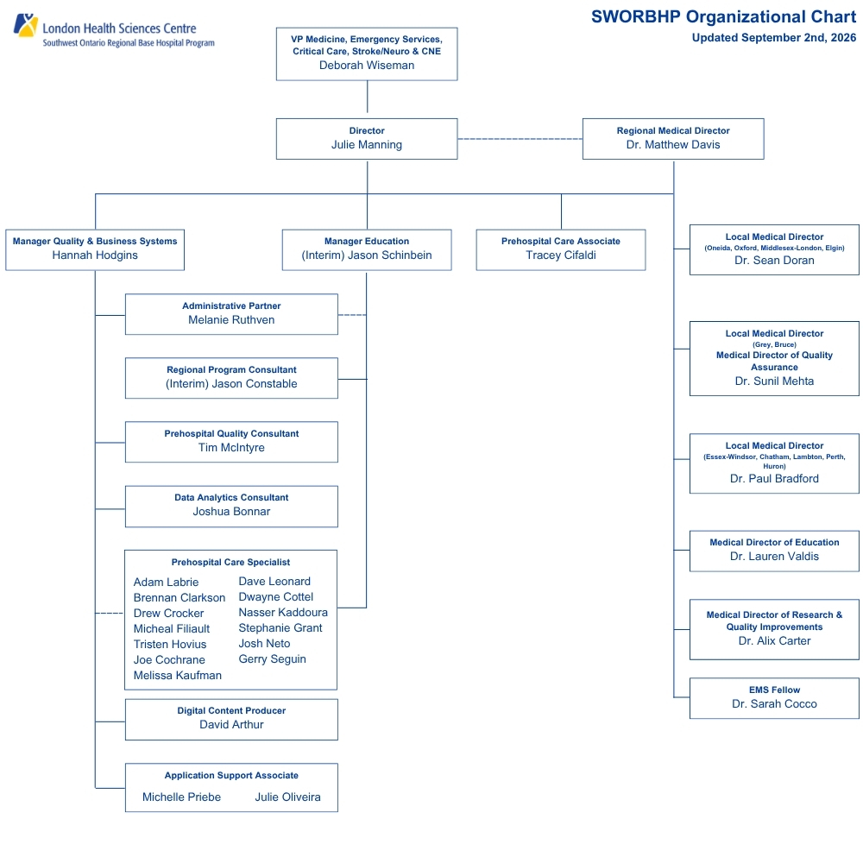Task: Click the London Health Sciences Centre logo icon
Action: (25, 25)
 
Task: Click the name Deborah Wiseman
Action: (367, 66)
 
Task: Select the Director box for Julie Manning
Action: (367, 139)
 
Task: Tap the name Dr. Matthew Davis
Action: (673, 145)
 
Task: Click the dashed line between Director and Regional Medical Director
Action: (520, 139)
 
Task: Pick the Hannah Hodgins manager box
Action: (95, 250)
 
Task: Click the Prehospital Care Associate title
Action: (561, 241)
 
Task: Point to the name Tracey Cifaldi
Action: (561, 255)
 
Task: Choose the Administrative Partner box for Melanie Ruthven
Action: (231, 314)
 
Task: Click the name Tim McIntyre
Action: (231, 448)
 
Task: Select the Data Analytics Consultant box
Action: (231, 507)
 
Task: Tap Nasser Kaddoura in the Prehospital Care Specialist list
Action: (283, 613)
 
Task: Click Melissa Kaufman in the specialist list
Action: (177, 676)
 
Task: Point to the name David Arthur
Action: (231, 725)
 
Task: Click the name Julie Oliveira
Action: (288, 797)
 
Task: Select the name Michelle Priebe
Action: (181, 797)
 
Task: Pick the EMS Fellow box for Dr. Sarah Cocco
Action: (774, 698)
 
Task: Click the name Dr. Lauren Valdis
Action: (774, 557)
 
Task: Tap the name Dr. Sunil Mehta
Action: (774, 381)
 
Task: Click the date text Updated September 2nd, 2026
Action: (774, 38)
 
